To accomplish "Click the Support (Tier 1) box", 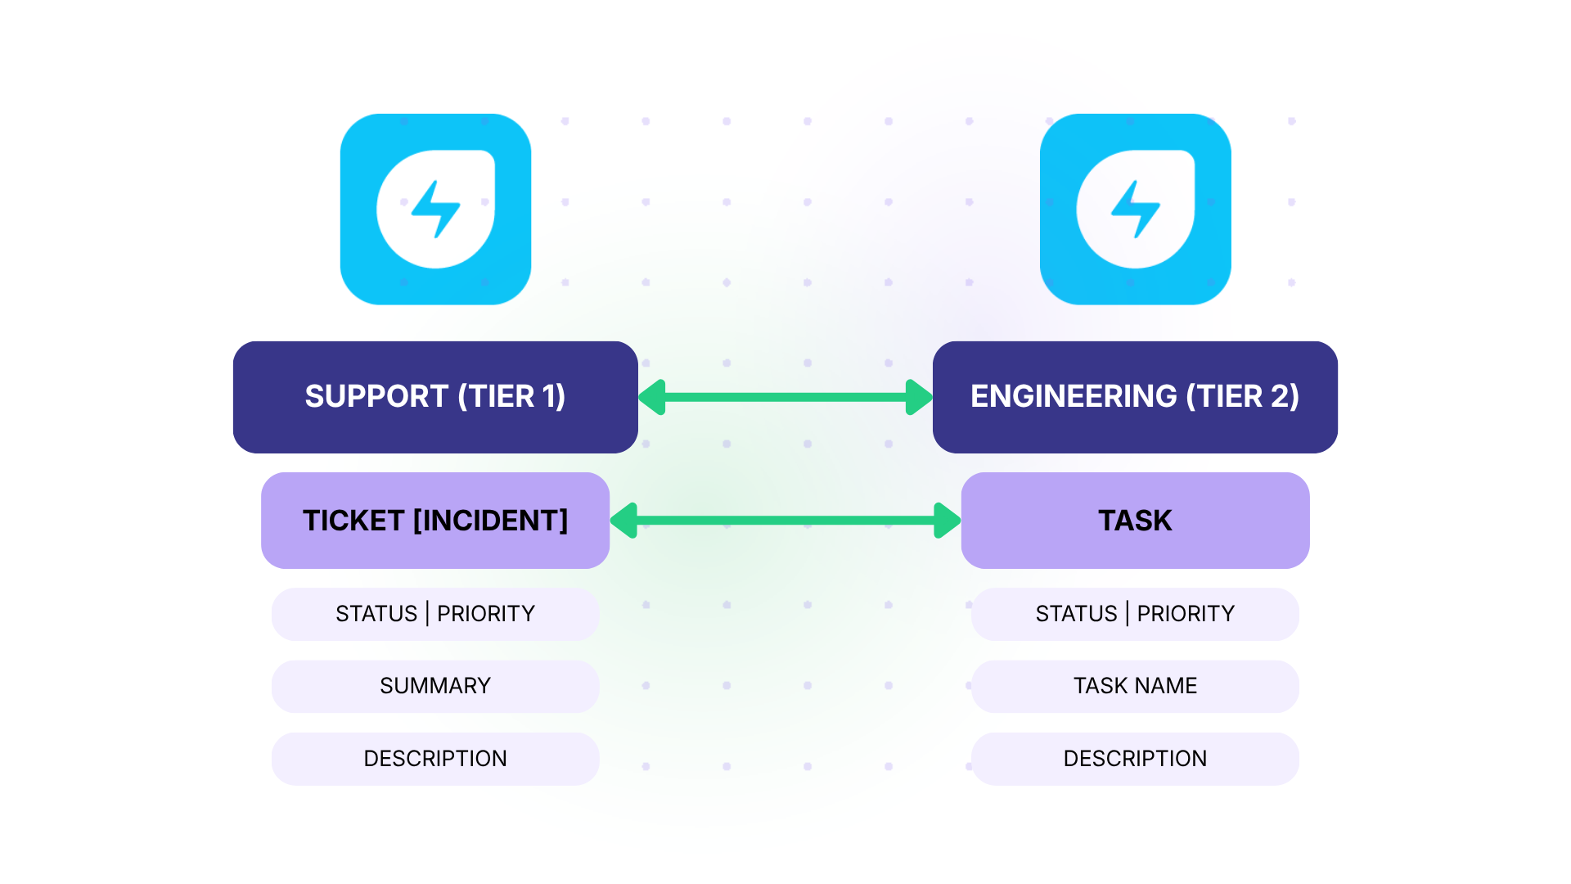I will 435,397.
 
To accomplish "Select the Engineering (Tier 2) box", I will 1135,397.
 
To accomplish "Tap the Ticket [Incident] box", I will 435,521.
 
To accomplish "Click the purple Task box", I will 1135,521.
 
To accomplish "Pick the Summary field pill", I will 435,686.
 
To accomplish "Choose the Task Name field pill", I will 1135,686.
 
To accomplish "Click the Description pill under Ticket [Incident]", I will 435,759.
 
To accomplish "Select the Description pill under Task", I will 1135,759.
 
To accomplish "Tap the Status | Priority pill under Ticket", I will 435,614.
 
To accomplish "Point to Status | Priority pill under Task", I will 1135,614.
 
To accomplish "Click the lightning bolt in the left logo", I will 435,210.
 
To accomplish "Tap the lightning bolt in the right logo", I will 1135,210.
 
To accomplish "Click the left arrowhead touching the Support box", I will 653,397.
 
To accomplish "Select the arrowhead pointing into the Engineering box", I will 918,397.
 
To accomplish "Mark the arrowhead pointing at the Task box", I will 946,521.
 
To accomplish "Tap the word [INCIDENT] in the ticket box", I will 490,521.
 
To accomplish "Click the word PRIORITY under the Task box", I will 1185,614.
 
